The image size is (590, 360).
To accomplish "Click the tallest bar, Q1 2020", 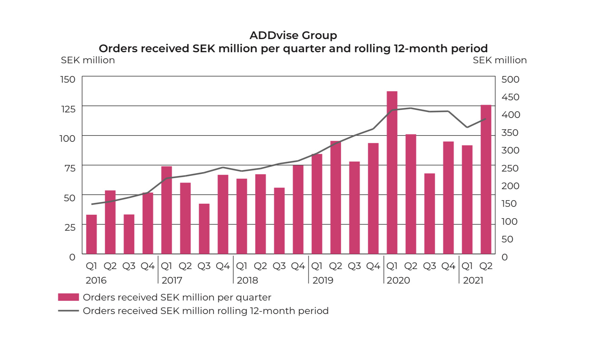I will click(x=392, y=173).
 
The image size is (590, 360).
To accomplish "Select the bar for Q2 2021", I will click(x=486, y=180).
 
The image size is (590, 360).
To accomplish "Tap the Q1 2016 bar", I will click(x=92, y=234).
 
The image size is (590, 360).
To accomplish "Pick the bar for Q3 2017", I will click(x=204, y=229).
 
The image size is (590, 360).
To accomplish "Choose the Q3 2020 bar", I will click(x=430, y=214).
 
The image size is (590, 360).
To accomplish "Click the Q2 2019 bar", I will click(x=336, y=197).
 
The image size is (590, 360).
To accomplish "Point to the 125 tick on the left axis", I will click(x=68, y=109).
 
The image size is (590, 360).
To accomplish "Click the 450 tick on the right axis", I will click(x=510, y=97).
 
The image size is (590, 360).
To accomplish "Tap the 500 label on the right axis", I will click(x=510, y=80).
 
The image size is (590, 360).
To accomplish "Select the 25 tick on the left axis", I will click(x=70, y=228).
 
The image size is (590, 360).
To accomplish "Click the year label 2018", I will click(x=247, y=280).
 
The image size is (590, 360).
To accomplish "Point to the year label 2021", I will click(x=473, y=280).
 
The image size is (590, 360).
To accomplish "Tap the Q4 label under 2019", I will click(x=373, y=266).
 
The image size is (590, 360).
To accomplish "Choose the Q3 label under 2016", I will click(x=129, y=266).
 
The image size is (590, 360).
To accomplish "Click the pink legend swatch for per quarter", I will click(x=68, y=297).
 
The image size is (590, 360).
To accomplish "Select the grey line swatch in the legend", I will click(x=68, y=311).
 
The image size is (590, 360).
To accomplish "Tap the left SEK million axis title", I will click(x=88, y=60).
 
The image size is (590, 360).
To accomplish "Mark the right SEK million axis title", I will click(x=499, y=60).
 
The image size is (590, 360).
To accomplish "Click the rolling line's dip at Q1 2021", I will click(x=467, y=127).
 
